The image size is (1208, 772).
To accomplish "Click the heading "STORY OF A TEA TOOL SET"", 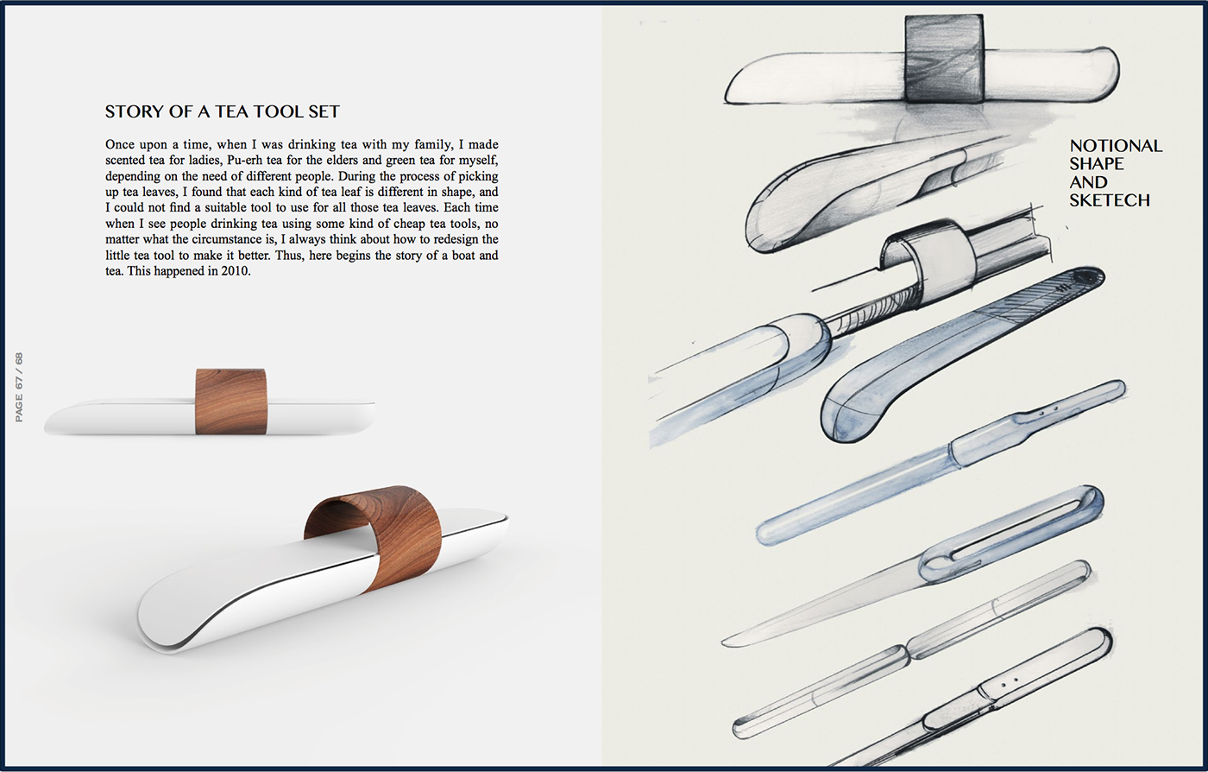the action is coord(223,111).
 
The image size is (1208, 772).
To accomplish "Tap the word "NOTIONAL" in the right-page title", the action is coord(1116,146).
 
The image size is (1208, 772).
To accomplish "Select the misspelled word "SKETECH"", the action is coord(1110,200).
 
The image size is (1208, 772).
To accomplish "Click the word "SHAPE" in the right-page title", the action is coord(1097,163).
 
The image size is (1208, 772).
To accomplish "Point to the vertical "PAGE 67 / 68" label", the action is coord(19,387).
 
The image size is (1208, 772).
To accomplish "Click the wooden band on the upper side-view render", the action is coord(231,402).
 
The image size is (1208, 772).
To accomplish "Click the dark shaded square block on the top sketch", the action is coord(944,59).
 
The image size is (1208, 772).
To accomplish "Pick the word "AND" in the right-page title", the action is coord(1088,182).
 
